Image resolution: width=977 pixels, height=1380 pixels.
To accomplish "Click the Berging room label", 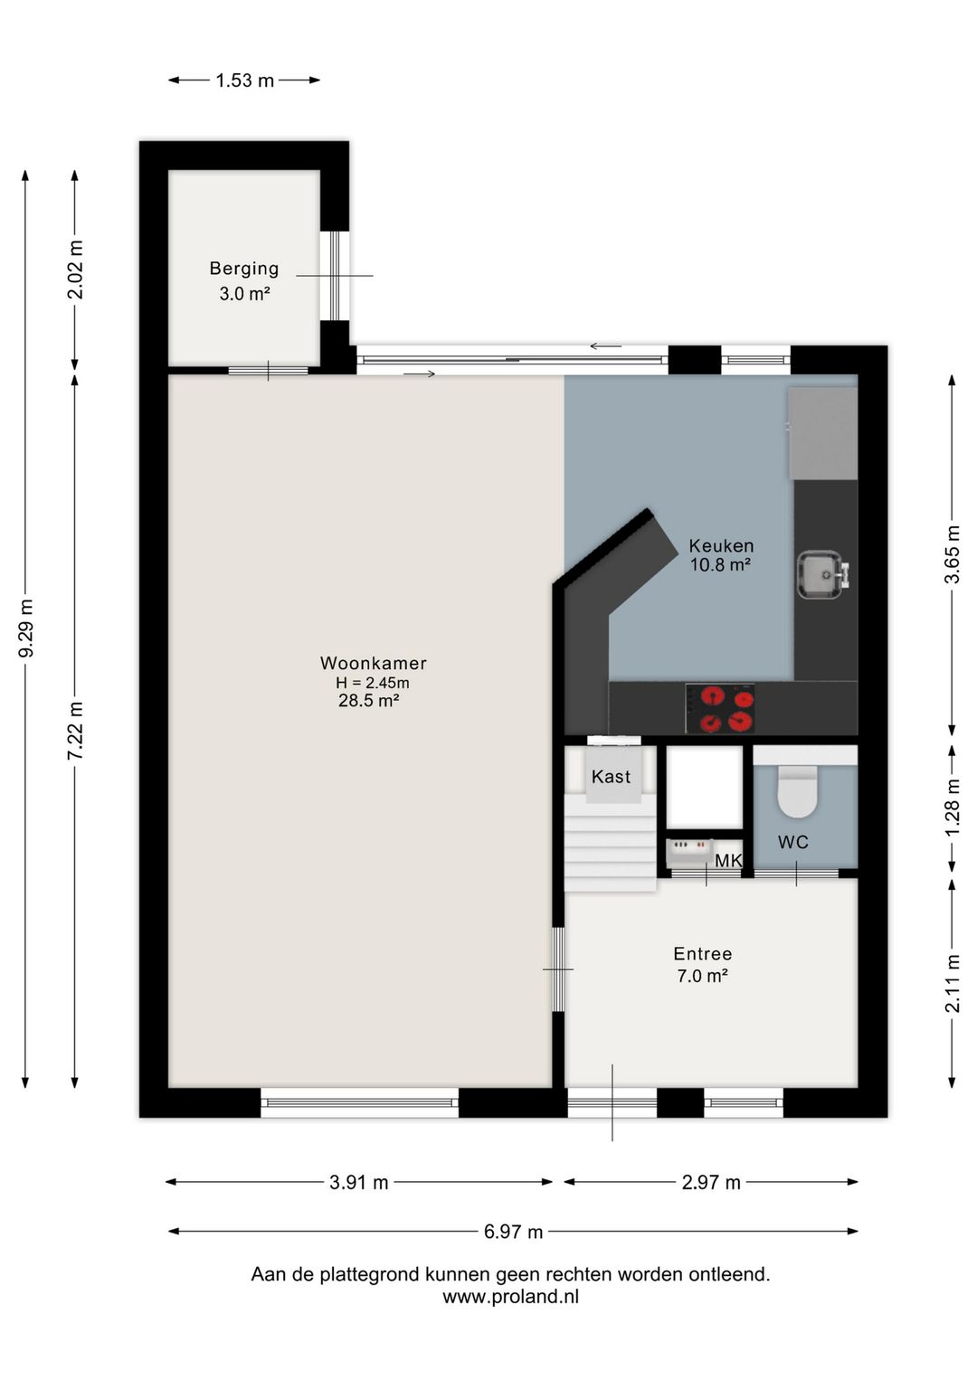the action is point(244,269).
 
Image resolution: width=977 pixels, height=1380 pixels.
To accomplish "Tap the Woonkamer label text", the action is point(373,663).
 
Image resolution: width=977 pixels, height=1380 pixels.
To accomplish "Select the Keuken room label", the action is point(721,545).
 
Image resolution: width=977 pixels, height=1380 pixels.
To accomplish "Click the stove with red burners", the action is point(720,708).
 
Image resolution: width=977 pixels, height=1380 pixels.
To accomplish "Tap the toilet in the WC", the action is point(797,791).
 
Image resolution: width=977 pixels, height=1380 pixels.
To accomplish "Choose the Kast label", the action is point(611,776).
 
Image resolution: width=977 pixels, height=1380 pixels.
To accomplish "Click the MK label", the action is point(728,860).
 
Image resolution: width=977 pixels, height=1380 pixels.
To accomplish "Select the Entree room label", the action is point(703,954).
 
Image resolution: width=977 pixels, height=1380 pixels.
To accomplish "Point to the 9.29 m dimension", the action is point(26,628).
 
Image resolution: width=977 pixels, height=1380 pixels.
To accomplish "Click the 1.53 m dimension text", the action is point(245,80).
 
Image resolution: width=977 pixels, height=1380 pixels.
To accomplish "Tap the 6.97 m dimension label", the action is point(514,1232).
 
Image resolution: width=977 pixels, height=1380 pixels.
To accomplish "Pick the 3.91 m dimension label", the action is point(359,1182).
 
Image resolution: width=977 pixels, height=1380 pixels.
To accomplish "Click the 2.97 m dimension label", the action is point(711,1182).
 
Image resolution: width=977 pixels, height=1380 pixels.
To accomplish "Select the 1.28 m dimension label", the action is point(953,808).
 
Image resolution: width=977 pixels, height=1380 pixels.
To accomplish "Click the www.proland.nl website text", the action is point(510,1296).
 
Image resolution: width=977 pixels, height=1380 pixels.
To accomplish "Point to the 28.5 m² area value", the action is point(368,701).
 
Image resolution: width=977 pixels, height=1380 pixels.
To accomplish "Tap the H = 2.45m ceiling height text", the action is point(373,683).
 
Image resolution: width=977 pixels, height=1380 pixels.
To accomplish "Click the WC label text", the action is point(792,842).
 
